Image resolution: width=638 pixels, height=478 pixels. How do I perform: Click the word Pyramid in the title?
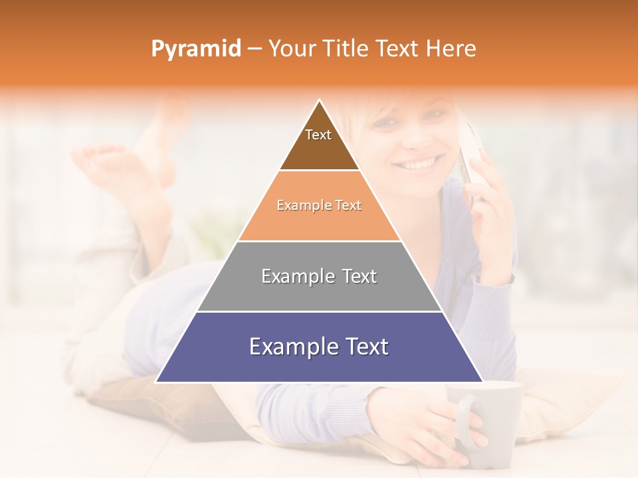pyautogui.click(x=195, y=49)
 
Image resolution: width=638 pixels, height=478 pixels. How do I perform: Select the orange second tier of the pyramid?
pyautogui.click(x=319, y=222)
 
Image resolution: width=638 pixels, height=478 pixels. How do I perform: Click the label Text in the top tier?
pyautogui.click(x=318, y=135)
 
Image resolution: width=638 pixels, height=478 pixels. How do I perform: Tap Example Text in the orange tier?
pyautogui.click(x=319, y=205)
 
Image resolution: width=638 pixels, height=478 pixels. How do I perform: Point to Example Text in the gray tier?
pyautogui.click(x=319, y=276)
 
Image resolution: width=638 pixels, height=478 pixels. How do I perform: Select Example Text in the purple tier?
pyautogui.click(x=319, y=347)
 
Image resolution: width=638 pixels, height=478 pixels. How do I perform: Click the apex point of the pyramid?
pyautogui.click(x=320, y=101)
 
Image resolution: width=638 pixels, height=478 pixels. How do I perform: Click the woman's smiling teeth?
pyautogui.click(x=420, y=163)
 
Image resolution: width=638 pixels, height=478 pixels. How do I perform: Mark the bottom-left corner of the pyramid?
pyautogui.click(x=156, y=382)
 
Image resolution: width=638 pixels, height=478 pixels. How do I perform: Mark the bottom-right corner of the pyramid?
pyautogui.click(x=482, y=382)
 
